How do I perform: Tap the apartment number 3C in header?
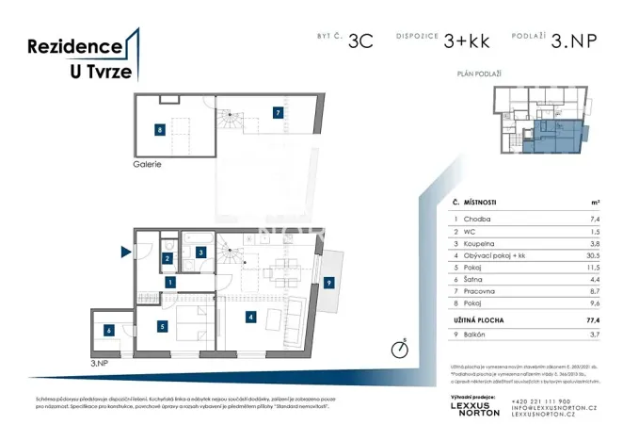click(x=359, y=41)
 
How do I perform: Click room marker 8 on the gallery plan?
click(x=161, y=130)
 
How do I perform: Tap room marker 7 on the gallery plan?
click(x=277, y=112)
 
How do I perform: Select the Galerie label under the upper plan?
click(x=148, y=164)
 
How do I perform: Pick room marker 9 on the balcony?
click(x=328, y=282)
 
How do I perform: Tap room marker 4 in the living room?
click(x=250, y=318)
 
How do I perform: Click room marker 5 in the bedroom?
click(x=162, y=327)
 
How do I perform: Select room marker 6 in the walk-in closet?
click(x=109, y=330)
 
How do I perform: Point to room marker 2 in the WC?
click(x=167, y=257)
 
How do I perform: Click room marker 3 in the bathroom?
click(x=200, y=252)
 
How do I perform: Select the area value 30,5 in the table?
click(x=594, y=254)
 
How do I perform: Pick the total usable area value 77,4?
click(x=593, y=320)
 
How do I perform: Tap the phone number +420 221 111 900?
click(x=539, y=400)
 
